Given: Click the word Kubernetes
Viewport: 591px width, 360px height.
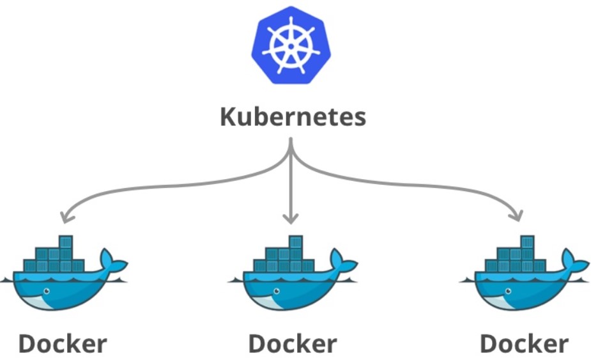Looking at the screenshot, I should point(293,117).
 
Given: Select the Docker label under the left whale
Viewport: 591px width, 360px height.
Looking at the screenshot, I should point(62,343).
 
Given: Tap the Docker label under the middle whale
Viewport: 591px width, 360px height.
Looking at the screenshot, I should point(293,343).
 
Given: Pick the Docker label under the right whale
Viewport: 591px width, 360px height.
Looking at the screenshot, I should point(524,343).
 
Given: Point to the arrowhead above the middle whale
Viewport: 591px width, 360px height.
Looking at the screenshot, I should point(291,219).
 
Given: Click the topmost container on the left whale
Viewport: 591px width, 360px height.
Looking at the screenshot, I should point(65,242).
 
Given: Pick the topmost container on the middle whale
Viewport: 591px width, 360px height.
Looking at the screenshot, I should point(296,242).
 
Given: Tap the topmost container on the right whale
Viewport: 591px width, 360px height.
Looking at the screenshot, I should point(527,242).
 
